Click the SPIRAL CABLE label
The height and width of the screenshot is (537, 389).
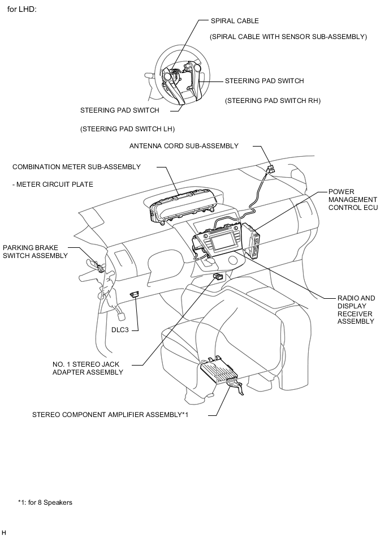tap(235, 21)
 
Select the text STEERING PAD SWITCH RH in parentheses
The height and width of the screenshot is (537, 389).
tap(273, 101)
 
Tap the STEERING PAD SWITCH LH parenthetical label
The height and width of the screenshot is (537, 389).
tap(127, 128)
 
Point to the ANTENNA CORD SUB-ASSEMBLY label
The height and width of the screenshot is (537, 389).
tap(184, 145)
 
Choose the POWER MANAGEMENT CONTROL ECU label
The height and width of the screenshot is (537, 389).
tap(352, 200)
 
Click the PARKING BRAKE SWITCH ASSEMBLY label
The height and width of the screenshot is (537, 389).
tap(35, 252)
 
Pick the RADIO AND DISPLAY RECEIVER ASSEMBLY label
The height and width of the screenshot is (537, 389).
tap(356, 310)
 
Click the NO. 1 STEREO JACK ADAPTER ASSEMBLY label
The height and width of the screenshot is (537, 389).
tap(87, 368)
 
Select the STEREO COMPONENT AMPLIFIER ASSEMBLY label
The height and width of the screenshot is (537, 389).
tap(110, 414)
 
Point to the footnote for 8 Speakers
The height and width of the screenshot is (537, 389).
tap(45, 502)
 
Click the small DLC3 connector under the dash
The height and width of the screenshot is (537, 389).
tap(135, 294)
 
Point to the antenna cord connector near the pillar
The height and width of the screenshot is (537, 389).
tap(271, 169)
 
